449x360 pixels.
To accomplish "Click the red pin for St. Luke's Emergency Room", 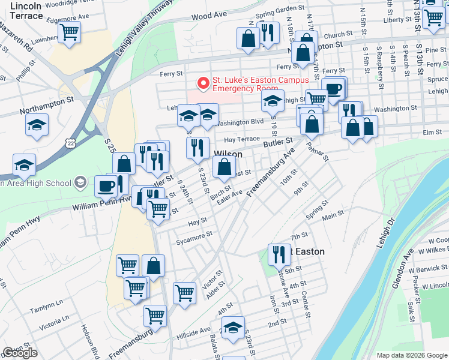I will point(204,82).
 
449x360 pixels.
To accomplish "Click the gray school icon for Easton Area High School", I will point(79,182).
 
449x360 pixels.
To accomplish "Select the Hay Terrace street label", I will point(241,139).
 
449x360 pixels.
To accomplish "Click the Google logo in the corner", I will point(20,353).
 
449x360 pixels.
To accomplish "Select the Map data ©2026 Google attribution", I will point(412,355).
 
